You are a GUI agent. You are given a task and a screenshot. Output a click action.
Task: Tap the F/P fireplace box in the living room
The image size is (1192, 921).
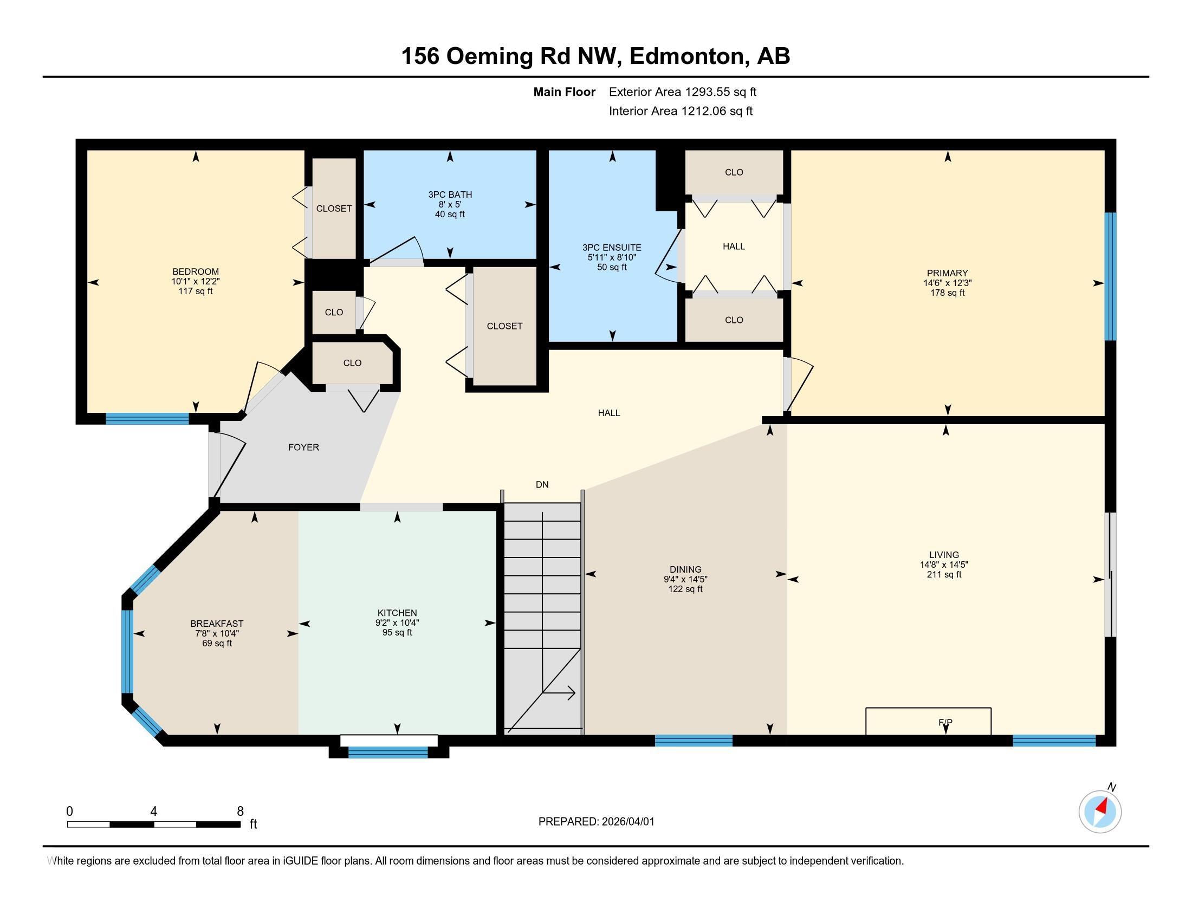(928, 721)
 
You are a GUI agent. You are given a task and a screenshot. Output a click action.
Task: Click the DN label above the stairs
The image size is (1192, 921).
(542, 484)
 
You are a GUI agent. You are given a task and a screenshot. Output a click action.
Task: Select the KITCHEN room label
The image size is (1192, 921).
(397, 613)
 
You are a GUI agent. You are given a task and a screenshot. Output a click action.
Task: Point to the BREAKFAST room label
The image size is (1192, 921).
(217, 624)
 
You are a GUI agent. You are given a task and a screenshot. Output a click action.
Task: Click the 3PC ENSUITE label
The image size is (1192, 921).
(611, 247)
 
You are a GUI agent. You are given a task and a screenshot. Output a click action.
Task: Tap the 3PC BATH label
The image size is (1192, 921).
(450, 194)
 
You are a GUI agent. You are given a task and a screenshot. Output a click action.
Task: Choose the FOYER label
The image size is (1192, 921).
(303, 447)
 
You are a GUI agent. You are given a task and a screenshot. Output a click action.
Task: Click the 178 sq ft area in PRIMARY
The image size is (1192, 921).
(947, 293)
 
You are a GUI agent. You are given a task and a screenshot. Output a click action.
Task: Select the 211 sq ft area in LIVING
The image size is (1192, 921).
(944, 574)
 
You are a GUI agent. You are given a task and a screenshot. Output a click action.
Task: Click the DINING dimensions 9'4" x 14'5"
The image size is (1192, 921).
(685, 580)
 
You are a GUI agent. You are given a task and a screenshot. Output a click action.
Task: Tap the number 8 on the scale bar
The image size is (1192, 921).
(240, 812)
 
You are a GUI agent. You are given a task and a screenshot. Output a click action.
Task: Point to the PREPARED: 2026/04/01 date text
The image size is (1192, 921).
(596, 822)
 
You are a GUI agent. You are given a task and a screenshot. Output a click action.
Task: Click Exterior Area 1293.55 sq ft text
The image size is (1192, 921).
(682, 92)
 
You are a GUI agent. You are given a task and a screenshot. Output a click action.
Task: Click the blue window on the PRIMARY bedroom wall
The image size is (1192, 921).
(1110, 276)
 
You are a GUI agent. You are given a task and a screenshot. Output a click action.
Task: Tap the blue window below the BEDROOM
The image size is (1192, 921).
(147, 418)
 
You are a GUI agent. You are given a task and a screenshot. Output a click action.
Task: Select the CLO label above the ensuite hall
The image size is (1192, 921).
(734, 172)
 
